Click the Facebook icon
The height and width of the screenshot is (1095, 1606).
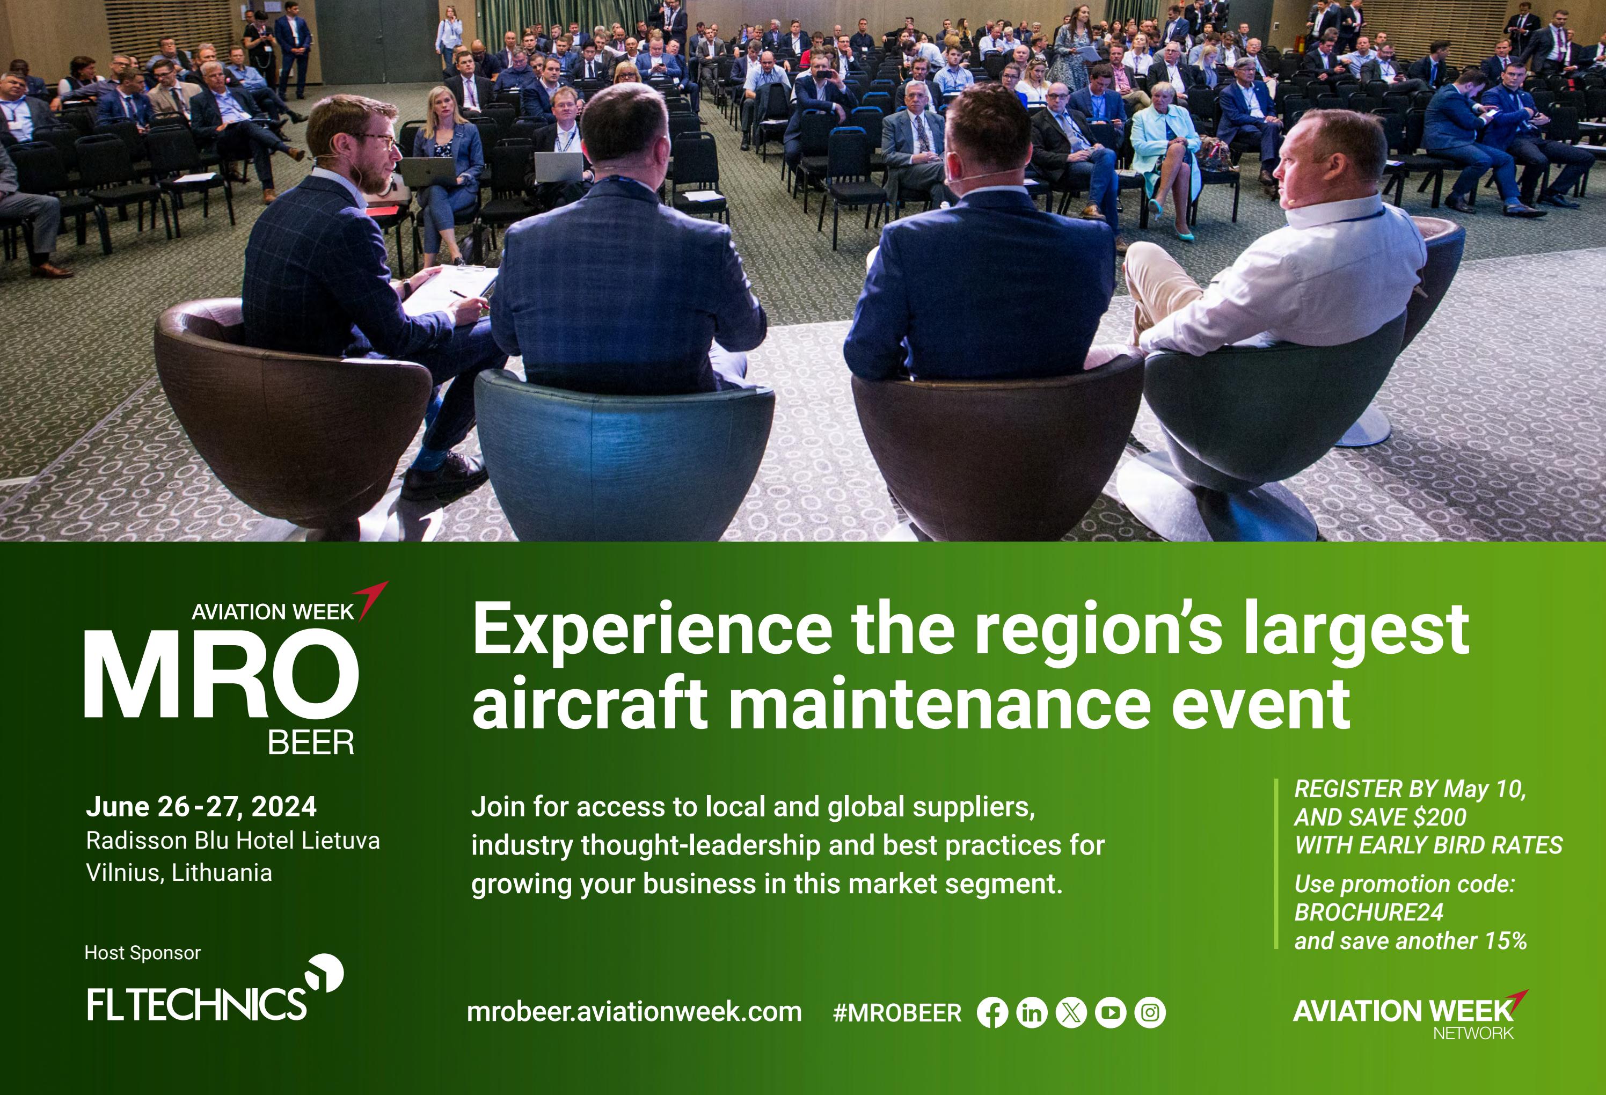point(992,1013)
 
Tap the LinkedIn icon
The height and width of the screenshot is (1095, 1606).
point(1032,1013)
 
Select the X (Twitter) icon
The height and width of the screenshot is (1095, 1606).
point(1071,1013)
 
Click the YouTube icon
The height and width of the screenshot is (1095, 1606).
point(1111,1013)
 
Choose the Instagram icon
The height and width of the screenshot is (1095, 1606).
point(1150,1013)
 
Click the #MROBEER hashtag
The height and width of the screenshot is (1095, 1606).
point(897,1013)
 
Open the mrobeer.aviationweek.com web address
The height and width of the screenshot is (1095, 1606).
point(634,1012)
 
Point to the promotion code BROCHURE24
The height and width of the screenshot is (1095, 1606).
point(1368,912)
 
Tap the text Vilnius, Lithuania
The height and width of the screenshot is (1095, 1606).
point(179,873)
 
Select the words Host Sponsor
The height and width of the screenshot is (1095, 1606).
point(142,953)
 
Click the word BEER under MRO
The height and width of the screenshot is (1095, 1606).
point(311,743)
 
